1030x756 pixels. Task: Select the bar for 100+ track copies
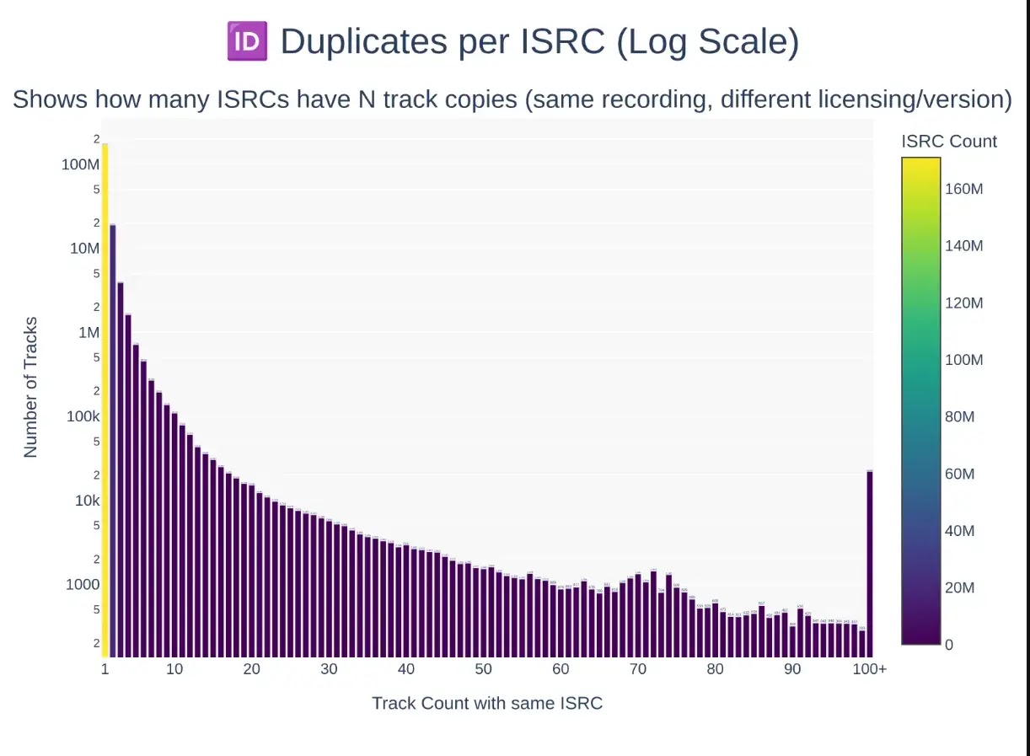[x=870, y=563]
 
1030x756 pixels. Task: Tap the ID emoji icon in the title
[x=247, y=42]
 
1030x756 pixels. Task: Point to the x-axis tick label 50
[x=483, y=669]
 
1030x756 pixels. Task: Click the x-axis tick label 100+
[x=870, y=669]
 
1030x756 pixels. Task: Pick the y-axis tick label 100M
[x=81, y=164]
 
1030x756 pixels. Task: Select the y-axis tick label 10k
[x=88, y=501]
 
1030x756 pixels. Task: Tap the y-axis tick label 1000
[x=83, y=585]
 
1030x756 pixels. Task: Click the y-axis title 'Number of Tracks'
[x=31, y=388]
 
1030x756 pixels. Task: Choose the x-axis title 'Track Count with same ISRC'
[x=487, y=703]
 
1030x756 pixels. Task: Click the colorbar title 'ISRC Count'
[x=949, y=142]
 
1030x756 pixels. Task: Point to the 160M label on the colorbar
[x=963, y=189]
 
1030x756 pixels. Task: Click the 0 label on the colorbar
[x=949, y=645]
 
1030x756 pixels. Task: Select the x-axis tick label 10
[x=174, y=669]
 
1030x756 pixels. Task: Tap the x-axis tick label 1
[x=105, y=669]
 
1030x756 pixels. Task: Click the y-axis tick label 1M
[x=89, y=333]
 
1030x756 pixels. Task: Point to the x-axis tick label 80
[x=715, y=669]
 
